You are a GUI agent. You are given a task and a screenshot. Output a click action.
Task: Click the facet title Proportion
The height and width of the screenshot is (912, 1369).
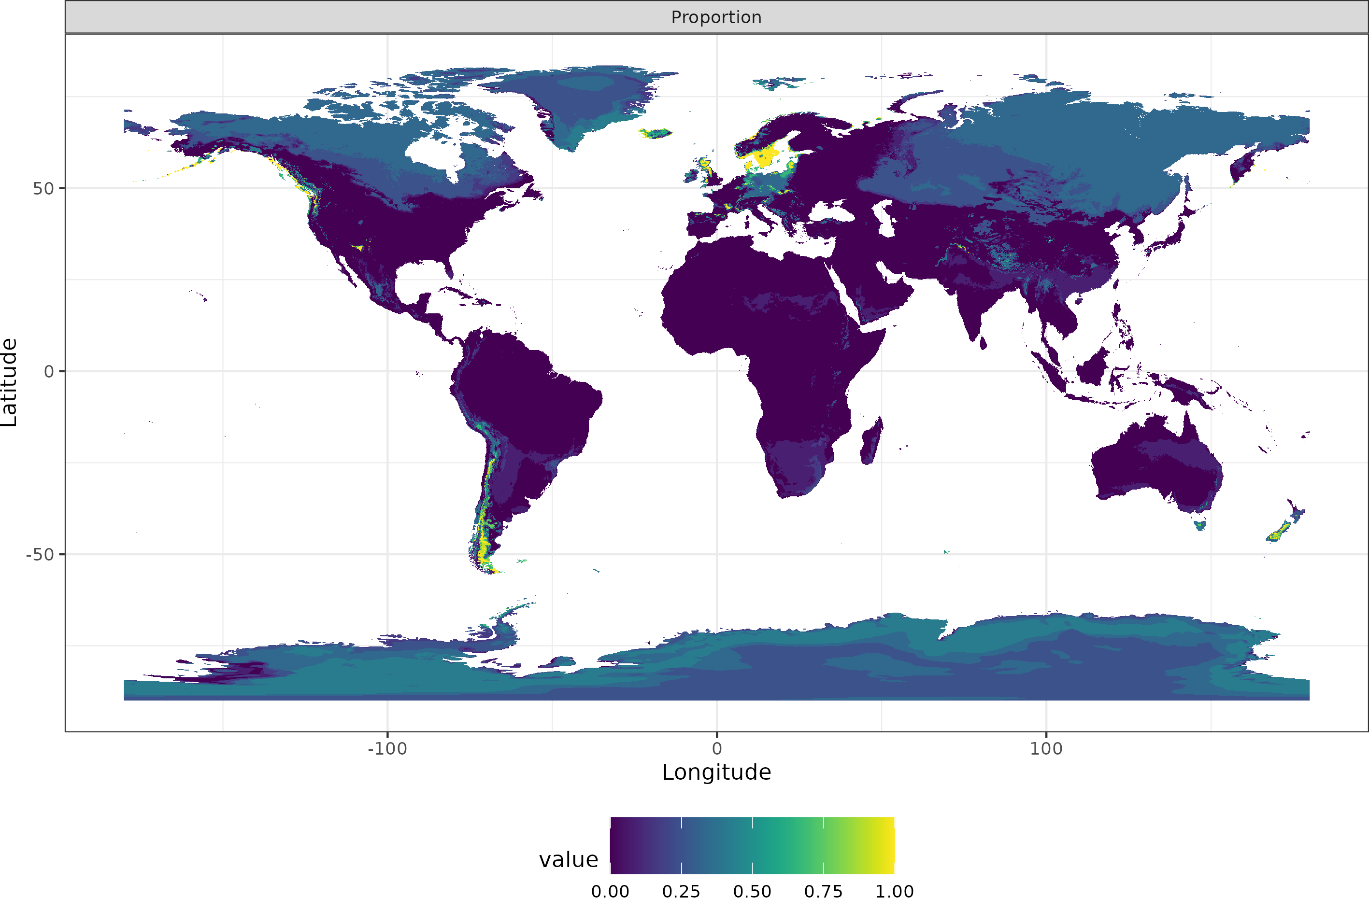716,17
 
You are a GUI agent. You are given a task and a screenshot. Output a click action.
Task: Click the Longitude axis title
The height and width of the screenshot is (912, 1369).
716,772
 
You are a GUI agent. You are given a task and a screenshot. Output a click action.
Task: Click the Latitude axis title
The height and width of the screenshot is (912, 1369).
9,382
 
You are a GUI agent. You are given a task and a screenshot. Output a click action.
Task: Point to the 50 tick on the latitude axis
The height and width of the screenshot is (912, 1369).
43,188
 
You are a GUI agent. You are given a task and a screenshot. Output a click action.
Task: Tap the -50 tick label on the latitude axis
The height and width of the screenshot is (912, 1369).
40,554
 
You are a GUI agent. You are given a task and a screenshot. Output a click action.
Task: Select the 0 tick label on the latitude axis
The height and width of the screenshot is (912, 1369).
49,372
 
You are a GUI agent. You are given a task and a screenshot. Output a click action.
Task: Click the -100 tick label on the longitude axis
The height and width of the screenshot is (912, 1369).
387,748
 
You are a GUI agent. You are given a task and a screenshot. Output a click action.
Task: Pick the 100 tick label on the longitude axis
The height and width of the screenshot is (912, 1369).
1045,748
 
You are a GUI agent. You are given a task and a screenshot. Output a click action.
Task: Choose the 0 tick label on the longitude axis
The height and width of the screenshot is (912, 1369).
717,748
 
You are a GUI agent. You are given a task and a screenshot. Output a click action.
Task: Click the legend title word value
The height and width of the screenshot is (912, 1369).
569,860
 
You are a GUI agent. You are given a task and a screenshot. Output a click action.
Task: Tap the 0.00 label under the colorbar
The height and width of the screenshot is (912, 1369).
610,892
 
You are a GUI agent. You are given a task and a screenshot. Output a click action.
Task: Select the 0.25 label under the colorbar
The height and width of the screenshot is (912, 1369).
681,892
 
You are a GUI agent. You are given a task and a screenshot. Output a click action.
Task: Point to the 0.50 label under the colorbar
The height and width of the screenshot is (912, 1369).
752,892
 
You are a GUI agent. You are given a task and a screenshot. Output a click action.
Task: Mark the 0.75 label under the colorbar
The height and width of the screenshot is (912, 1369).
823,892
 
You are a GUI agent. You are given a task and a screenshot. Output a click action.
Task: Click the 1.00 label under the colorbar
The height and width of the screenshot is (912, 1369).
894,892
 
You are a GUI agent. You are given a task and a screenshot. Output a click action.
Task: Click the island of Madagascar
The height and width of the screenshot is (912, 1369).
871,442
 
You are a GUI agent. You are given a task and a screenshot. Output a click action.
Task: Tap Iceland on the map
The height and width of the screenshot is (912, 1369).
656,133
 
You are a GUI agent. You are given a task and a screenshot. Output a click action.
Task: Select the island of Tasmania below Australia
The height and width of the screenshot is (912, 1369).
1199,525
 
